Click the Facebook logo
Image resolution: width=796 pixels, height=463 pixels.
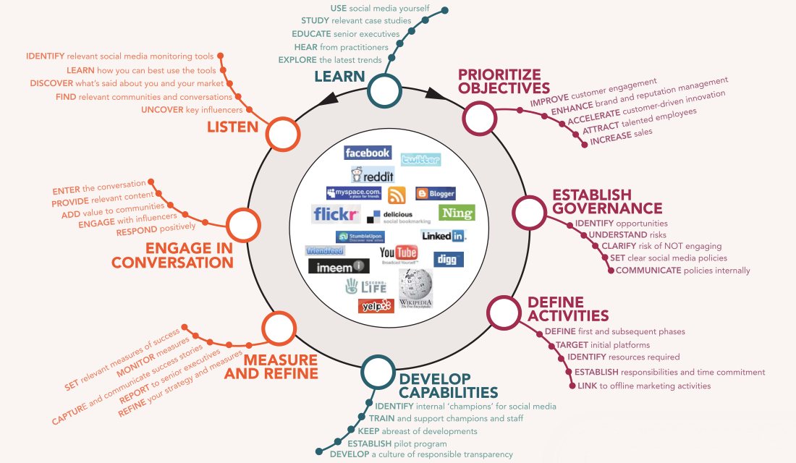368,153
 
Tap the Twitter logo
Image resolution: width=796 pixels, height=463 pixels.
420,160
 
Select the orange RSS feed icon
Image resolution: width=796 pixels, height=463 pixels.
397,195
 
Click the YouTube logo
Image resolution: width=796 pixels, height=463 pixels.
399,253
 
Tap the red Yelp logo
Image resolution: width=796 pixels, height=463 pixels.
376,305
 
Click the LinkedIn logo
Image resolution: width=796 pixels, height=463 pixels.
444,236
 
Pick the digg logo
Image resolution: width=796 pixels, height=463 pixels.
449,259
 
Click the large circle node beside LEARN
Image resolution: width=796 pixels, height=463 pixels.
385,90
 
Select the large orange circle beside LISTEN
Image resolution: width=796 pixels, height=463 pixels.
282,134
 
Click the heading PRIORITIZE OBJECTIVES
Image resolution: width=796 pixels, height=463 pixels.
504,81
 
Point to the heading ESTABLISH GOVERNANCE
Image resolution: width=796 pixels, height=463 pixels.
596,202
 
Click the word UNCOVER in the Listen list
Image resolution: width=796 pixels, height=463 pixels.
163,110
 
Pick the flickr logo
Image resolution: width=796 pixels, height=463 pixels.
336,214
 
